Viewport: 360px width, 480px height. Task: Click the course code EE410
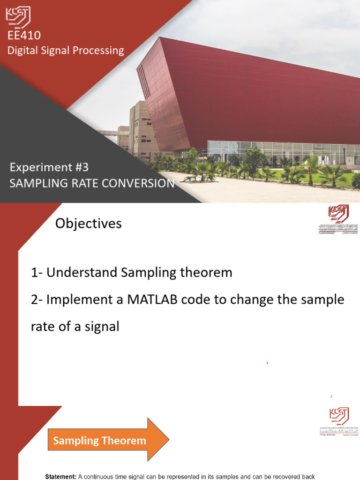click(x=24, y=36)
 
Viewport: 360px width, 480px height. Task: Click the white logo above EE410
click(x=18, y=16)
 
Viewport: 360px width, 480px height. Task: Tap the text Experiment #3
click(x=49, y=167)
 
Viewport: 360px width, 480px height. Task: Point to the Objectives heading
click(x=89, y=224)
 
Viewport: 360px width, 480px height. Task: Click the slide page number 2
click(x=331, y=396)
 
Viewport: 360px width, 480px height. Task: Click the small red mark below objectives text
click(x=267, y=363)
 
